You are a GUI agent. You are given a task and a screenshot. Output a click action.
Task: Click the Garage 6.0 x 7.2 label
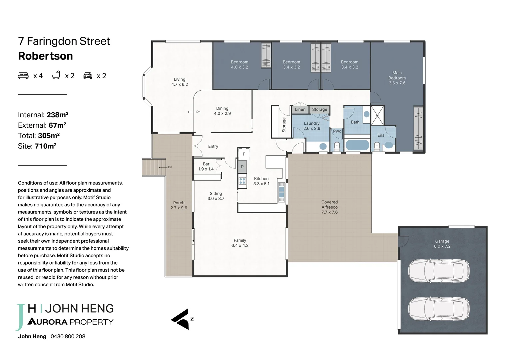point(442,244)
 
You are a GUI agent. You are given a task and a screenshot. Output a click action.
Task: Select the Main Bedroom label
point(397,78)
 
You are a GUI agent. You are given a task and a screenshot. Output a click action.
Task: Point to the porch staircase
point(154,167)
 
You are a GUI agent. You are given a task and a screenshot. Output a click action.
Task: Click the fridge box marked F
point(244,154)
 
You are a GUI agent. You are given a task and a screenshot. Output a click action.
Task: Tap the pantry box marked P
point(242,167)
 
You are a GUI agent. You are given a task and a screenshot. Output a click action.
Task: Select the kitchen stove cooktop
point(242,181)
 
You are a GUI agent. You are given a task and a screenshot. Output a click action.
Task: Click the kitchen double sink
point(281,192)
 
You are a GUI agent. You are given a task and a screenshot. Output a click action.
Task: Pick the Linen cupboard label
point(300,109)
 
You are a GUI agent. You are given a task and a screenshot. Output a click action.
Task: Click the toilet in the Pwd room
point(337,146)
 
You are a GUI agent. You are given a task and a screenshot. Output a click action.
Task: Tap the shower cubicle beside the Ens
point(377,115)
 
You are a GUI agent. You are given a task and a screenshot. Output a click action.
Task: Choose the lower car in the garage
point(439,309)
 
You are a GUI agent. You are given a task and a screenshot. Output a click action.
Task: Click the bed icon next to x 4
point(23,76)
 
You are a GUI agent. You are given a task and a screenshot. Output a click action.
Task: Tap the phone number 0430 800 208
point(68,336)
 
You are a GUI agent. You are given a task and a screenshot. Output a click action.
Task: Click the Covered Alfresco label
point(329,207)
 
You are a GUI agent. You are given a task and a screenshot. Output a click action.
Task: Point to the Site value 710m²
point(45,146)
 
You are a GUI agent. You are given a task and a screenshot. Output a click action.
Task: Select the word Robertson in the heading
point(45,56)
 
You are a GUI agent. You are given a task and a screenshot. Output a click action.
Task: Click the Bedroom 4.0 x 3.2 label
point(240,65)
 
